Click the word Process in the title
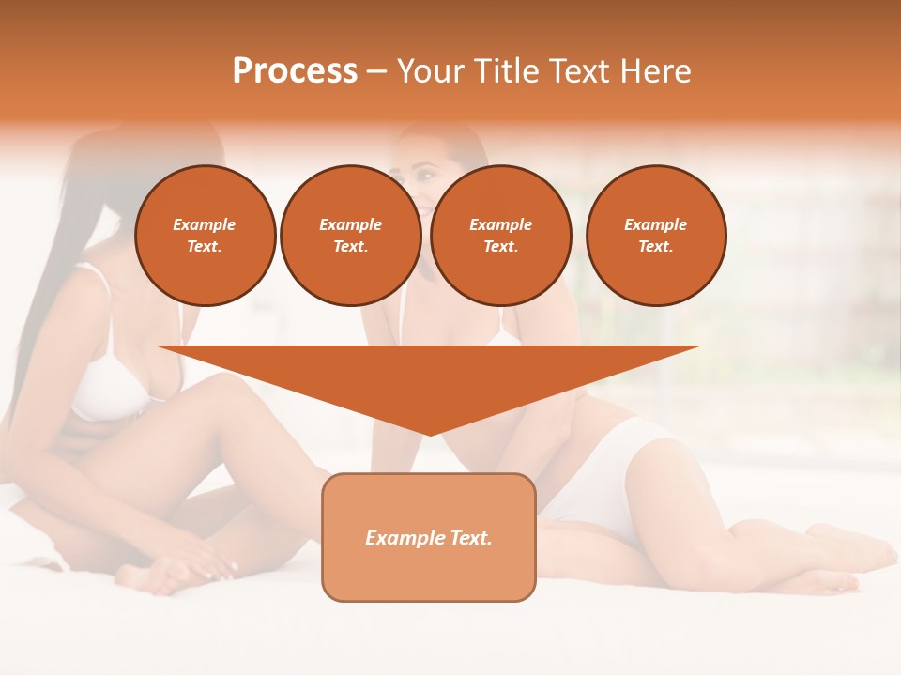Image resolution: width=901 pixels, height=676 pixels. click(295, 70)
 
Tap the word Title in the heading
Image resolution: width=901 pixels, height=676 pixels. click(506, 70)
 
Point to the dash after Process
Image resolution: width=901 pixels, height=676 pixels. click(376, 72)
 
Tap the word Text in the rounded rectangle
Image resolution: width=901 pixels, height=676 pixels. click(468, 538)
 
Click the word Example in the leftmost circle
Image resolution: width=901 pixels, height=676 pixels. click(205, 224)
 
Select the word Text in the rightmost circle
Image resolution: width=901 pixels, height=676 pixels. click(655, 246)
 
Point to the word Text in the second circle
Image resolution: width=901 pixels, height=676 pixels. click(350, 246)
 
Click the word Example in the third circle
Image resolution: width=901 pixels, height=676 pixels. click(500, 224)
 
